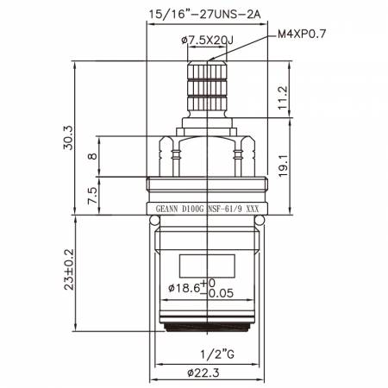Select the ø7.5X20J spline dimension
tap(210, 40)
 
